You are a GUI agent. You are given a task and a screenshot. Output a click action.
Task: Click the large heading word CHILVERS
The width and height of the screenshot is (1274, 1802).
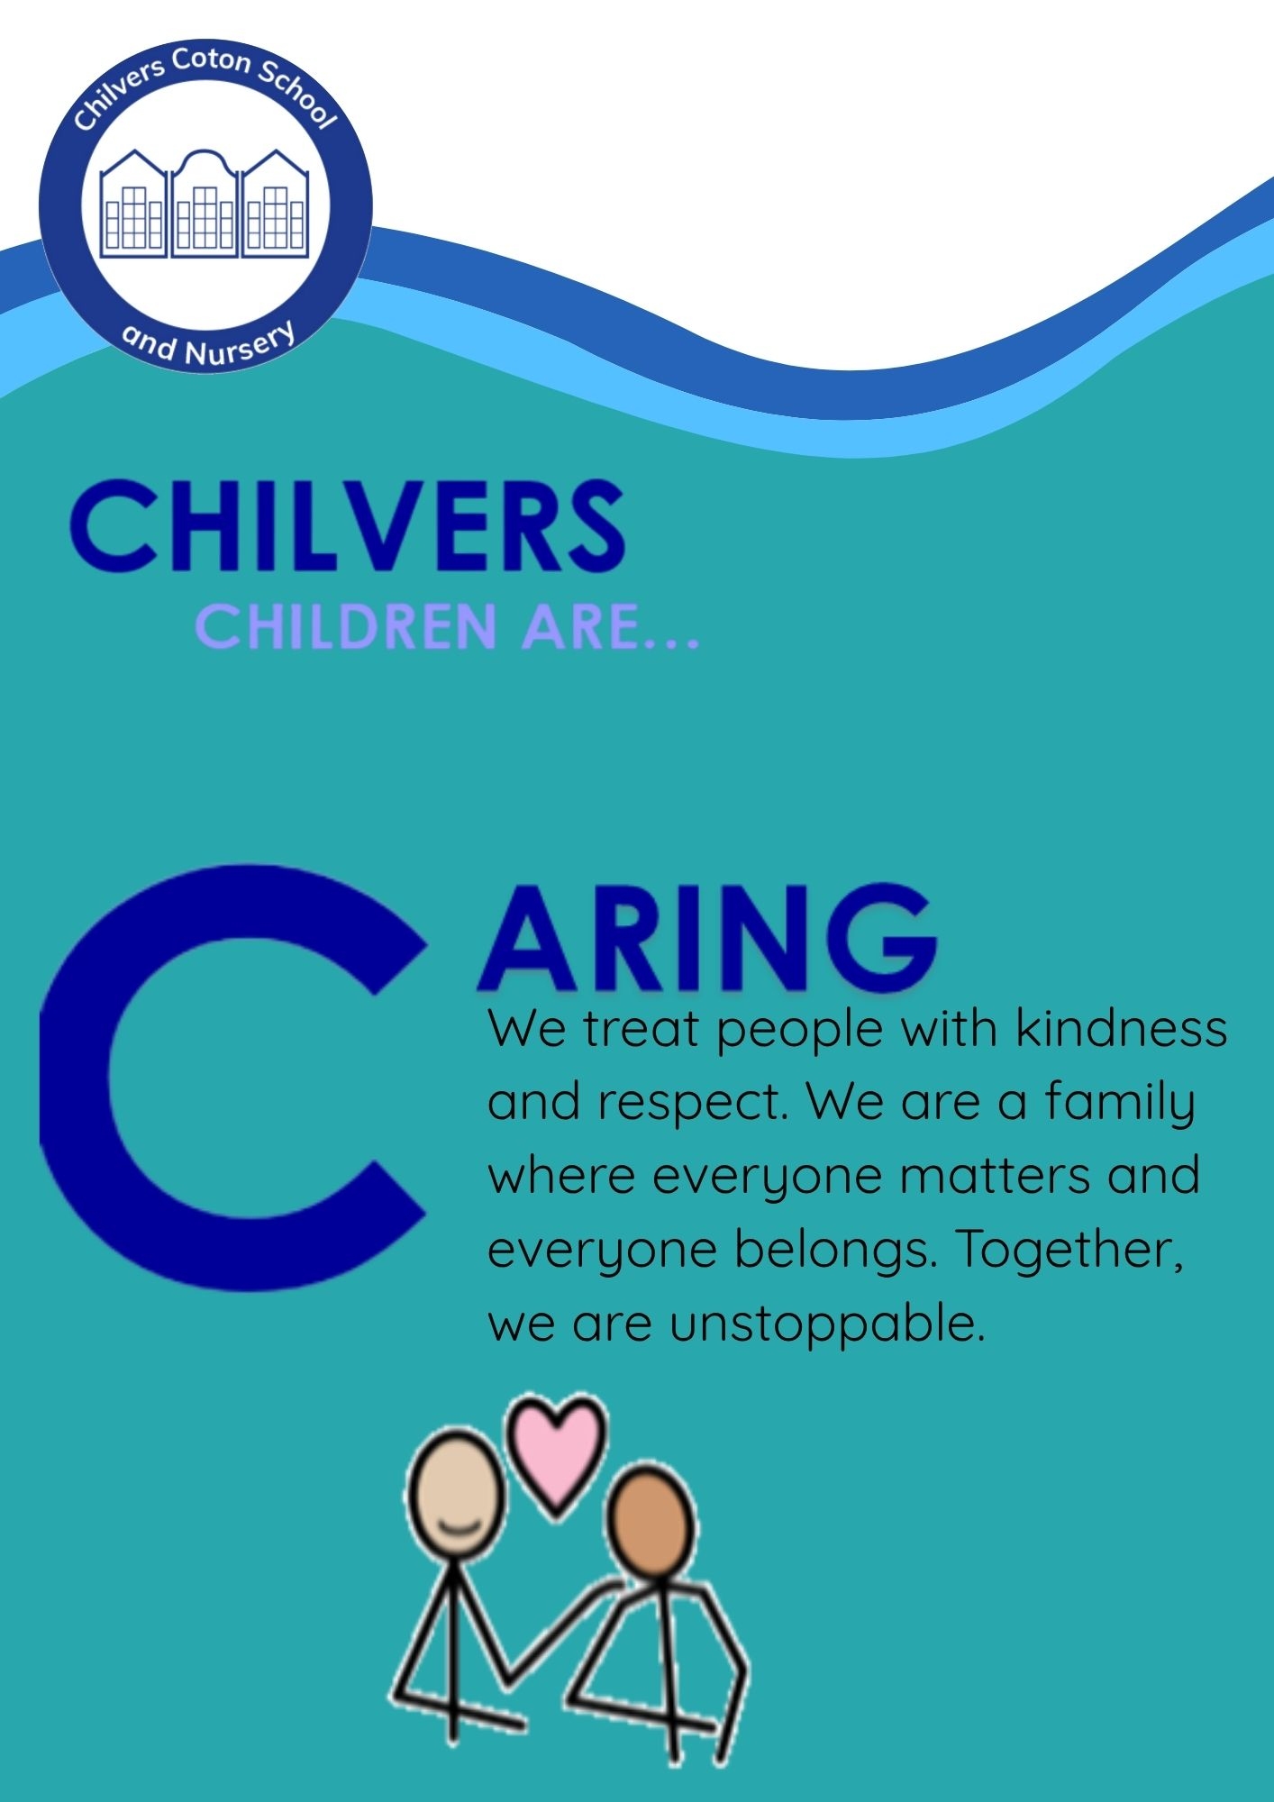click(x=347, y=524)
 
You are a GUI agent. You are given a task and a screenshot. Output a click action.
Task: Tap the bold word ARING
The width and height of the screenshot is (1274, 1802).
click(x=708, y=937)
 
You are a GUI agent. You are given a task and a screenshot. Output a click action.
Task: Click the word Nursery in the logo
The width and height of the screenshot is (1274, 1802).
click(x=240, y=347)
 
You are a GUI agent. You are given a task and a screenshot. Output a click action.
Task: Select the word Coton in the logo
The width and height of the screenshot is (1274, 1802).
click(x=211, y=61)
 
